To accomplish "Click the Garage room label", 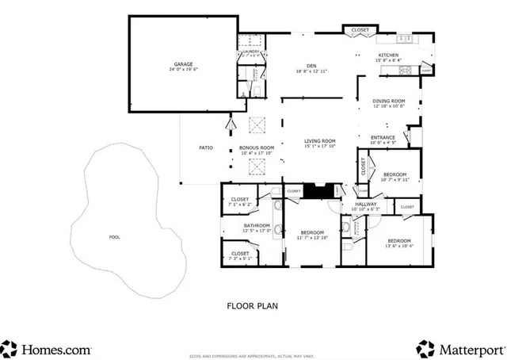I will [184, 64].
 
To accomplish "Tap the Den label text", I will [311, 67].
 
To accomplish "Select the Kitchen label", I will [388, 56].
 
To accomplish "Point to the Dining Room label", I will [389, 101].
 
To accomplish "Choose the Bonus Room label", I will [257, 148].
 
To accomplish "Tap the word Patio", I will [205, 148].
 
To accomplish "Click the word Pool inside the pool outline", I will [116, 236].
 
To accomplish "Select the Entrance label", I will [383, 138].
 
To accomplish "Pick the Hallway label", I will [365, 205].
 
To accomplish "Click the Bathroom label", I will [257, 226].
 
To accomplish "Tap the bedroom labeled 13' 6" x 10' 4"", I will [398, 241].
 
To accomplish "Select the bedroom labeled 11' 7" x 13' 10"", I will [311, 233].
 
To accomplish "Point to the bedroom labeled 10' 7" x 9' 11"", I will [395, 174].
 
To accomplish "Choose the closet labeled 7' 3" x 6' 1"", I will [241, 255].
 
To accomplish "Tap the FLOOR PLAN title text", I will [252, 304].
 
